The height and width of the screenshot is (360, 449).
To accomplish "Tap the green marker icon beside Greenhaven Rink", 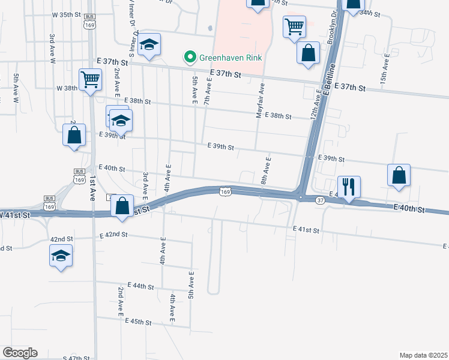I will (190, 58).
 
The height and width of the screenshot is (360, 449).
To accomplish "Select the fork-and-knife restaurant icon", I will (349, 187).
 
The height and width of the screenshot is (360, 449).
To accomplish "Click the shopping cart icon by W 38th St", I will (90, 79).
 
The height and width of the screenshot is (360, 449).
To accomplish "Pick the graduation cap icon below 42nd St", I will (60, 256).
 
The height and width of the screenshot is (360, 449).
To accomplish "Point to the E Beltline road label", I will (328, 90).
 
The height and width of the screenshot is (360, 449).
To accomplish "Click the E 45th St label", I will (139, 322).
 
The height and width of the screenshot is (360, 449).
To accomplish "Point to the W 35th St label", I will (67, 14).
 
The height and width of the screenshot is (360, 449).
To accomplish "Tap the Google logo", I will (20, 353).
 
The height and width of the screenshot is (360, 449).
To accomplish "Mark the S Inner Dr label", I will (131, 38).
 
